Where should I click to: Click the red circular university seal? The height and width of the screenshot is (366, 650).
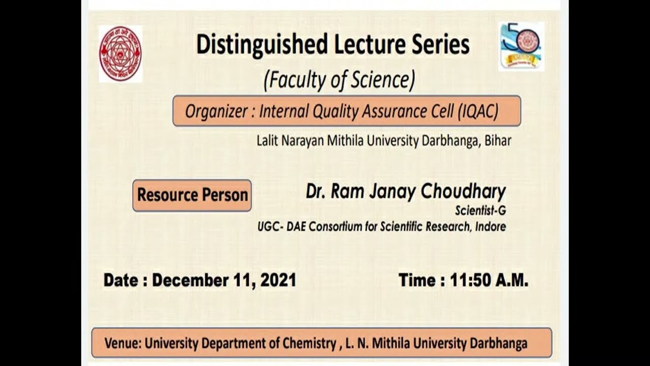[120, 54]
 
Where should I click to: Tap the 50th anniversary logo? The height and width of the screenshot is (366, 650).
[521, 46]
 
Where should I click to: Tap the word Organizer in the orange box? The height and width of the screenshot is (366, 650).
[214, 111]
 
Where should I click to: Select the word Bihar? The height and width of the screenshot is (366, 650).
[498, 141]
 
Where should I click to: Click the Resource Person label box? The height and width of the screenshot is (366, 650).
[192, 195]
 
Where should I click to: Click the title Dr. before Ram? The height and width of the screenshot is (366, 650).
[316, 192]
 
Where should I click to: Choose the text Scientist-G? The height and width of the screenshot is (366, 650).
[480, 210]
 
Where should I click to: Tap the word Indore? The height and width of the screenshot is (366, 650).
[490, 227]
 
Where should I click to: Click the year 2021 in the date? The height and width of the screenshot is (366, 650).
[278, 280]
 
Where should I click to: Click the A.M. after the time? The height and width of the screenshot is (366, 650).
[512, 280]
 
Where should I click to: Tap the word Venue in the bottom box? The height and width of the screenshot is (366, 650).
[121, 343]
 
